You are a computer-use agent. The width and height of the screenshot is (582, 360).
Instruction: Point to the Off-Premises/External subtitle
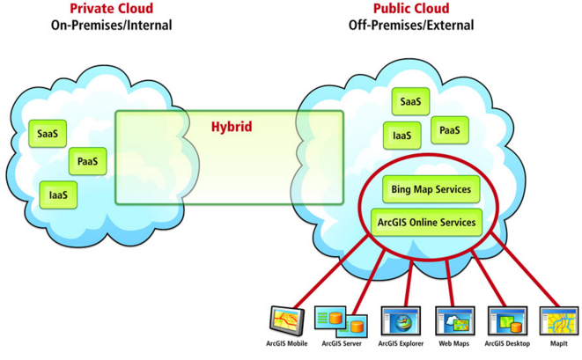pyautogui.click(x=410, y=26)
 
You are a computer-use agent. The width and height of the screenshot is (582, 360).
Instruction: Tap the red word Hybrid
pyautogui.click(x=232, y=127)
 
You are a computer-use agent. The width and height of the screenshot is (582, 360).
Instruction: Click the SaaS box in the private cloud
pyautogui.click(x=47, y=134)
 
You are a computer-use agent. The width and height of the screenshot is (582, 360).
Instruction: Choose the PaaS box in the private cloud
pyautogui.click(x=87, y=162)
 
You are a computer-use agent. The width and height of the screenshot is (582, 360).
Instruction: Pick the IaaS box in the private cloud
pyautogui.click(x=59, y=194)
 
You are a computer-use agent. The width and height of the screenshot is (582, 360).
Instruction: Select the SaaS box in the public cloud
pyautogui.click(x=410, y=102)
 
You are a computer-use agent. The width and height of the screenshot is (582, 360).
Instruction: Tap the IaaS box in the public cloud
pyautogui.click(x=402, y=136)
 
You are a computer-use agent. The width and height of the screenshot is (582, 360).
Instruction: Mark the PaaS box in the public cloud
pyautogui.click(x=449, y=131)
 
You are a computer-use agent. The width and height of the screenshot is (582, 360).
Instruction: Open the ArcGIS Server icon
pyautogui.click(x=339, y=320)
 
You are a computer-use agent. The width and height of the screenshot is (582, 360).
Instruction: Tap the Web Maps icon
pyautogui.click(x=454, y=320)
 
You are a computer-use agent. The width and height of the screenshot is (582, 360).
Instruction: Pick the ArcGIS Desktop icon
pyautogui.click(x=506, y=320)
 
